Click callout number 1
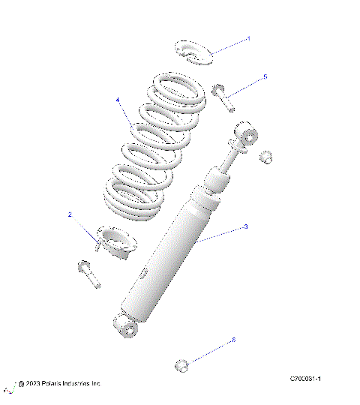[248, 37]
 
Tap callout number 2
[70, 214]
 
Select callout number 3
[245, 226]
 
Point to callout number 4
[118, 100]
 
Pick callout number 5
[264, 76]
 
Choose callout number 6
[233, 340]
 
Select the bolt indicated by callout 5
[223, 97]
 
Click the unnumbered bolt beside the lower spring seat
[88, 274]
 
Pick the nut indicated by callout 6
[182, 365]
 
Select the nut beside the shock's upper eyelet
[265, 157]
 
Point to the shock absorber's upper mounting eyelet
[248, 136]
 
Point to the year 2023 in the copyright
[31, 383]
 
